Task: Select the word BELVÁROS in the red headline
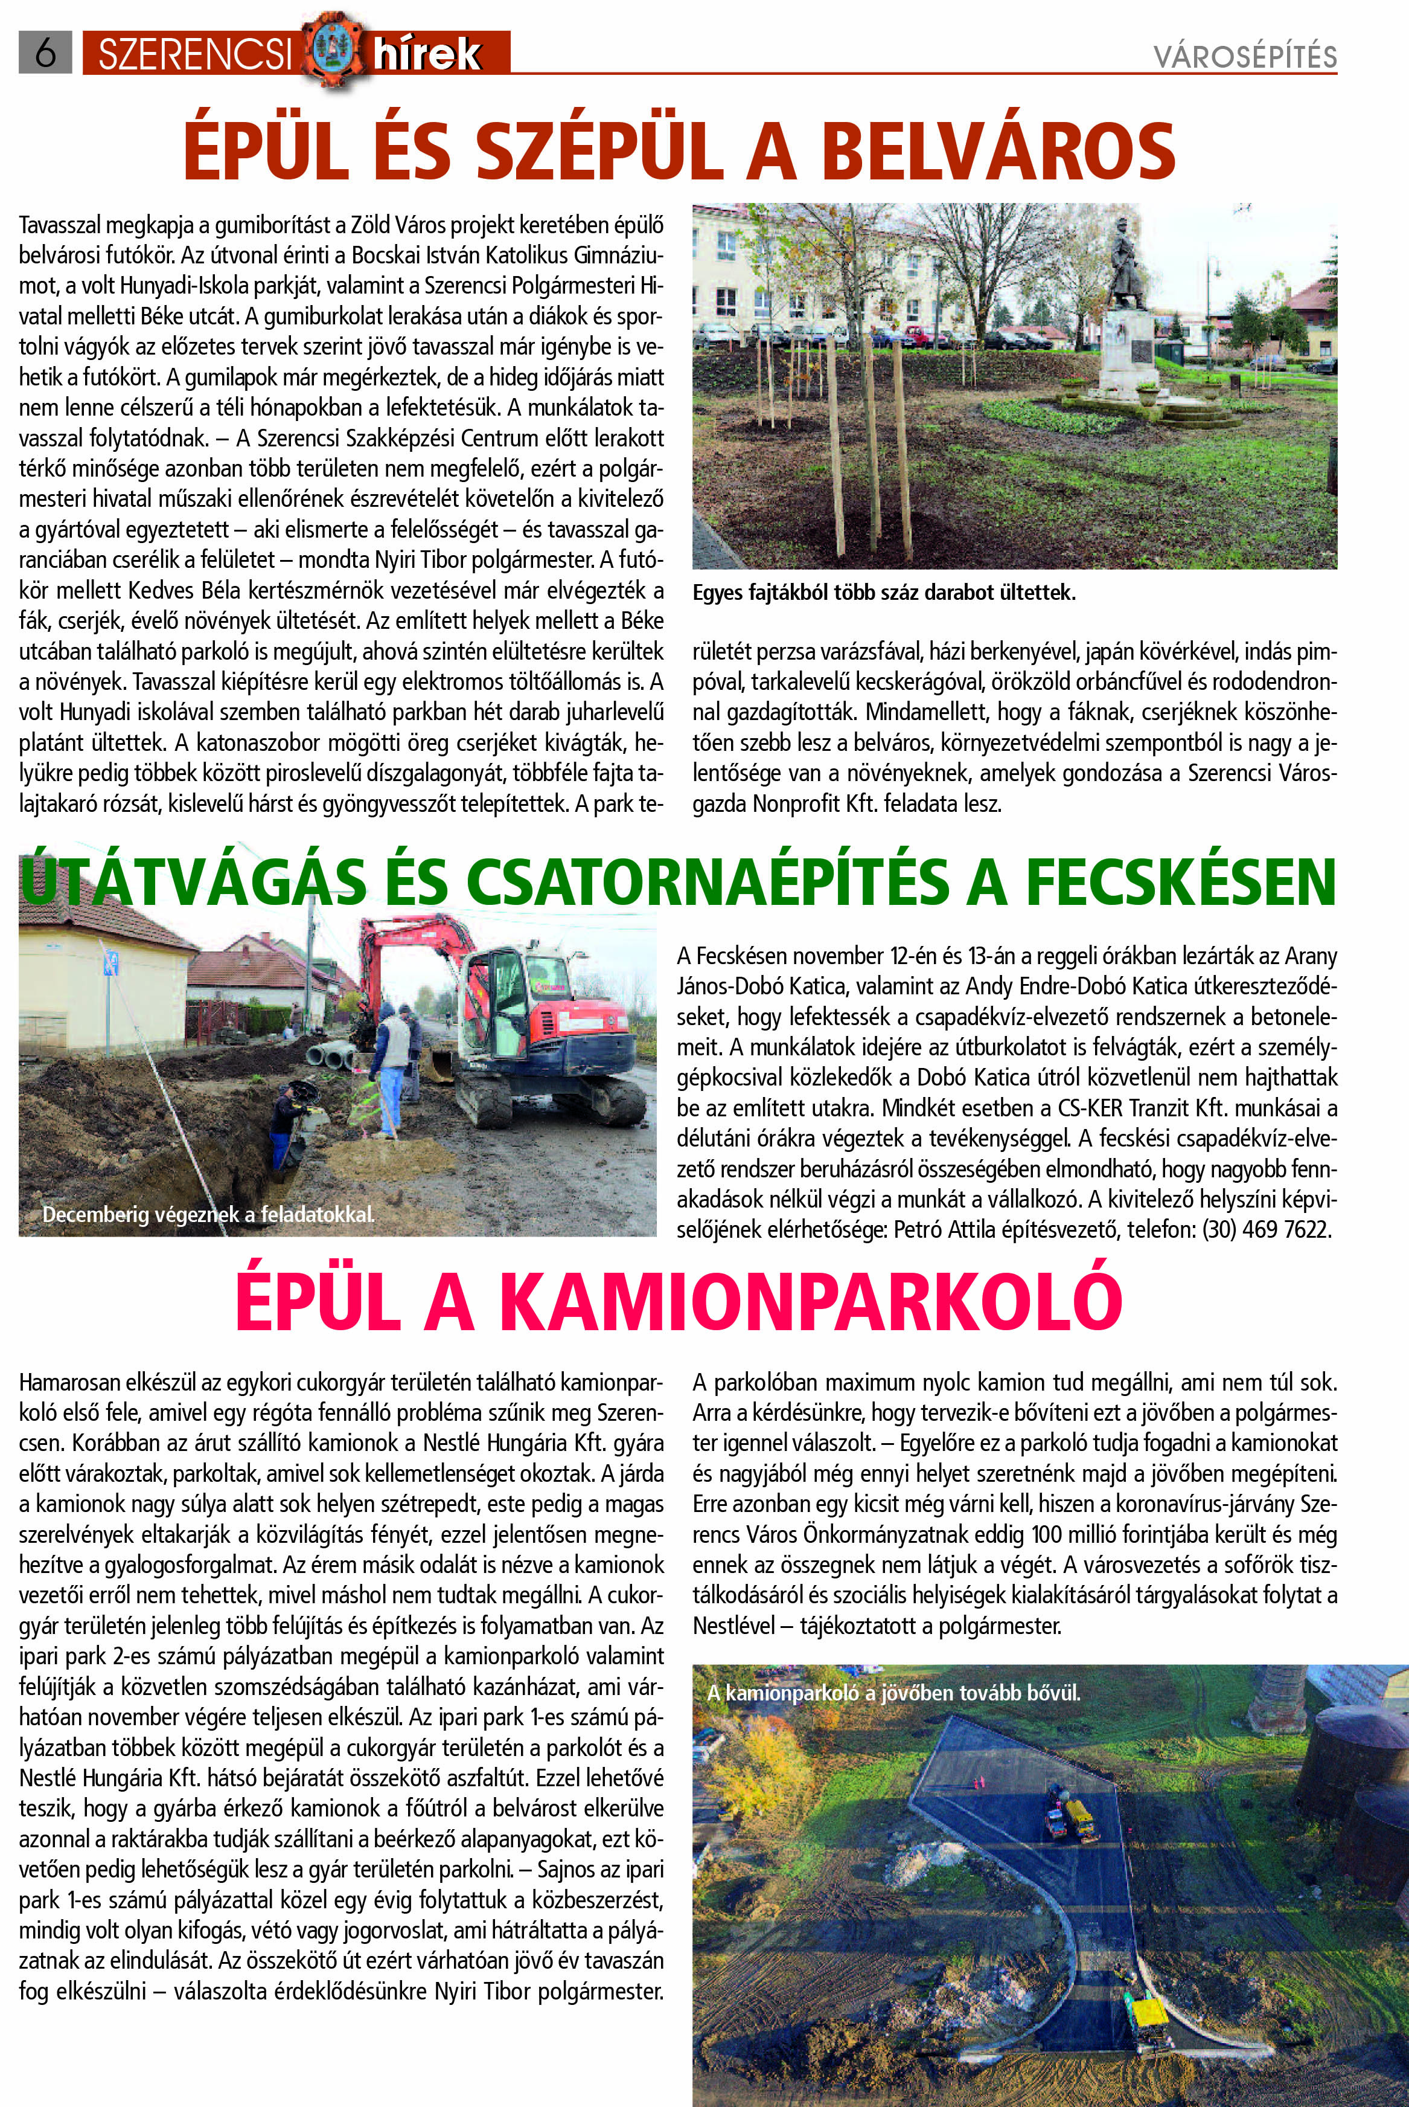tap(997, 150)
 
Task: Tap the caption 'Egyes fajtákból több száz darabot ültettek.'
tap(883, 593)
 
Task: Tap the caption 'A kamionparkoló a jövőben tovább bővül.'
tap(893, 1693)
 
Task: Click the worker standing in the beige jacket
tap(391, 1061)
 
